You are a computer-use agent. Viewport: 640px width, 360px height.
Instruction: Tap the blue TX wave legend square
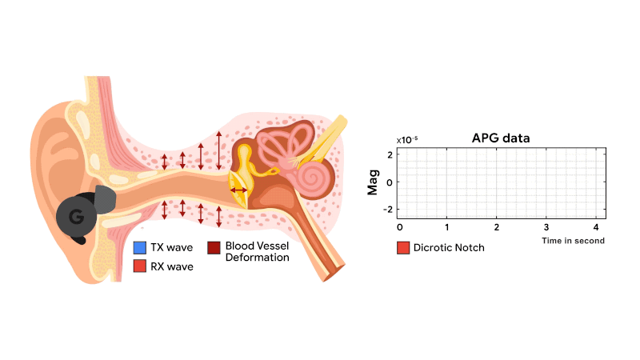[140, 248]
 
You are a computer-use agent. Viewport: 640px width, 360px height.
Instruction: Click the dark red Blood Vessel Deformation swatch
[214, 248]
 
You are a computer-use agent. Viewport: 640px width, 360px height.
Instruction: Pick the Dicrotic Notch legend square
[403, 248]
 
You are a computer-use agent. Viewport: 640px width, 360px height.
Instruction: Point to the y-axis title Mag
[374, 182]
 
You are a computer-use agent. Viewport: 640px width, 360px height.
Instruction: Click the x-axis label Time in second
[573, 240]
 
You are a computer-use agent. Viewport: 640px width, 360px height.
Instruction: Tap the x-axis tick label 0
[400, 228]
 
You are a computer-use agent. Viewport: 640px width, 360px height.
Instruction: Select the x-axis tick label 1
[448, 228]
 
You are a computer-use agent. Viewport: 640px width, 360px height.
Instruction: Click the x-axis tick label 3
[546, 228]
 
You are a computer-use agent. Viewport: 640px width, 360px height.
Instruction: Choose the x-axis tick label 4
[595, 228]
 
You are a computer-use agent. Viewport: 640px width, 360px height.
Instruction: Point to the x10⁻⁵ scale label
[406, 139]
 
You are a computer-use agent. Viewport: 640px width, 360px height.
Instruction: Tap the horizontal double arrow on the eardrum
[238, 190]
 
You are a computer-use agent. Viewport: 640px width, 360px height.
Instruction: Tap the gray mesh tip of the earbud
[105, 198]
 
